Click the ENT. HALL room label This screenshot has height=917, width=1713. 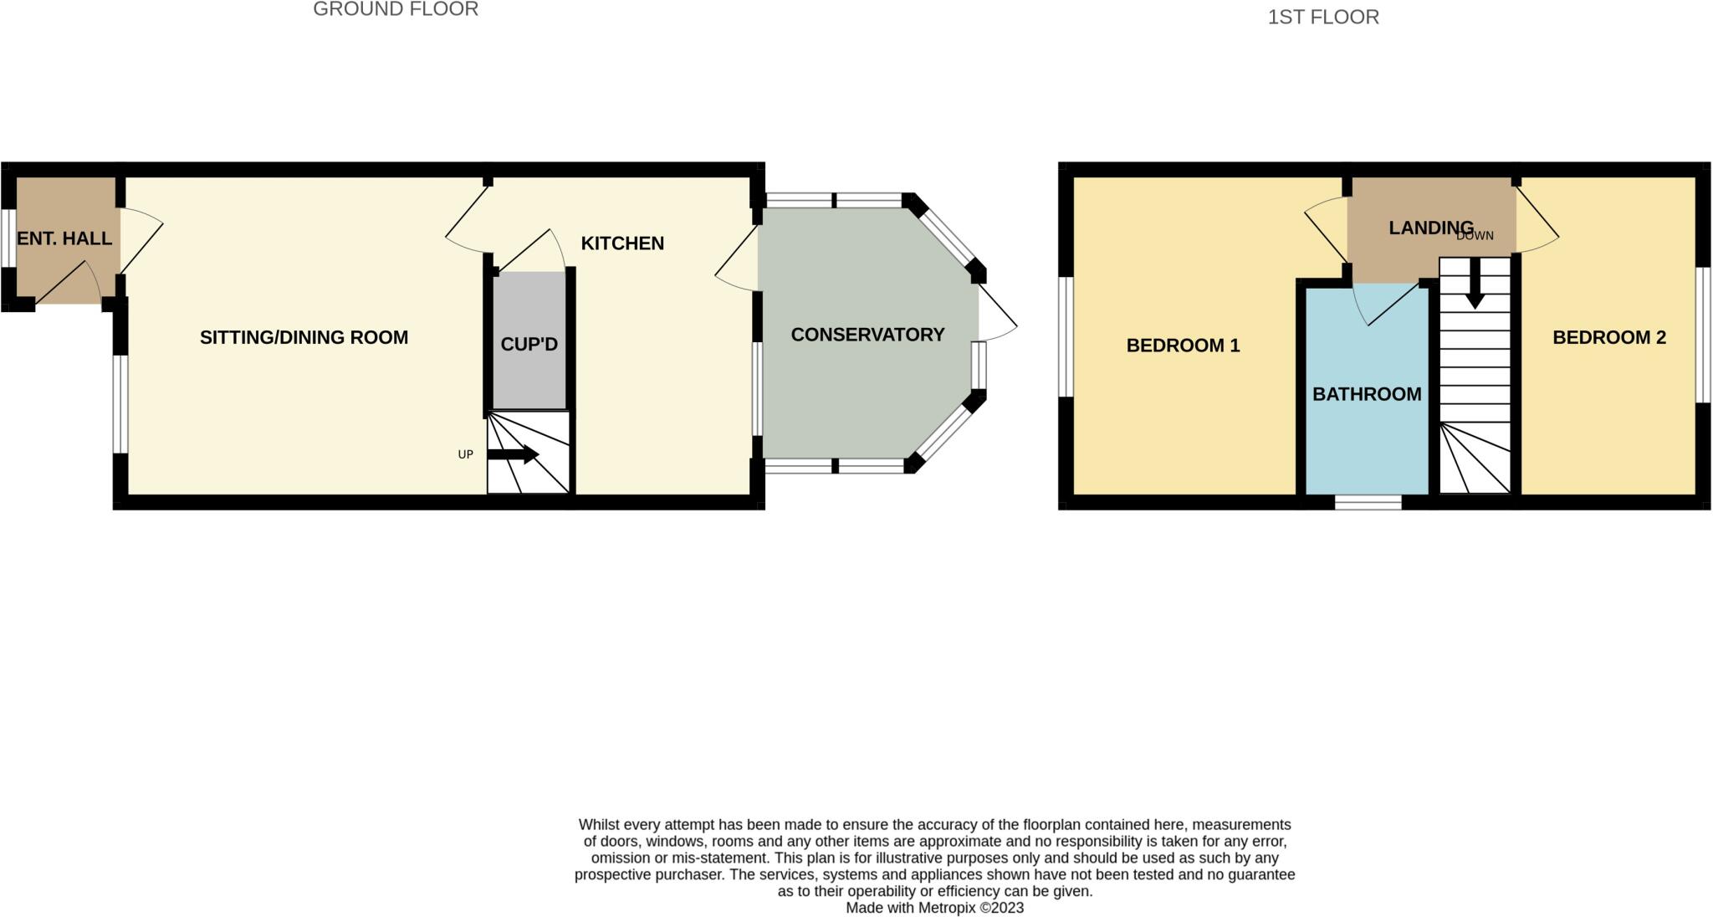[64, 238]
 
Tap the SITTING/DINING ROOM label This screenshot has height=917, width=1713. [304, 337]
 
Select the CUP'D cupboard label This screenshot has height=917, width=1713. [529, 344]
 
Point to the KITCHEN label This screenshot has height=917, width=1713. [622, 243]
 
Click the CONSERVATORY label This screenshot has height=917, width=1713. [867, 335]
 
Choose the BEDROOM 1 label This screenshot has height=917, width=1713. [1183, 346]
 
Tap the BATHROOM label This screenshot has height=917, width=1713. [1367, 394]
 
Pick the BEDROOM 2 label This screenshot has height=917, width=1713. [1609, 337]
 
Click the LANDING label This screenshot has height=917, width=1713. [1430, 228]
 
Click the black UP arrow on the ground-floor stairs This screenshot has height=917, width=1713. [513, 454]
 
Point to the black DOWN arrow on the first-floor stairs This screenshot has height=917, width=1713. [1475, 283]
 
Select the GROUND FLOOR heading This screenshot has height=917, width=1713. [396, 9]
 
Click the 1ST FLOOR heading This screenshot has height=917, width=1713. [1323, 17]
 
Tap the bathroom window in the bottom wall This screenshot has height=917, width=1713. [1368, 502]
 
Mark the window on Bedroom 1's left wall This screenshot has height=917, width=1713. [1066, 336]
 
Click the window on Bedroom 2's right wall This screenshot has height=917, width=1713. [1703, 335]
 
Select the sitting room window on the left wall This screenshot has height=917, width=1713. [120, 404]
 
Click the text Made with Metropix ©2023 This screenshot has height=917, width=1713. [934, 908]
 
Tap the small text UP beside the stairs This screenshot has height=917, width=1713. [466, 454]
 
